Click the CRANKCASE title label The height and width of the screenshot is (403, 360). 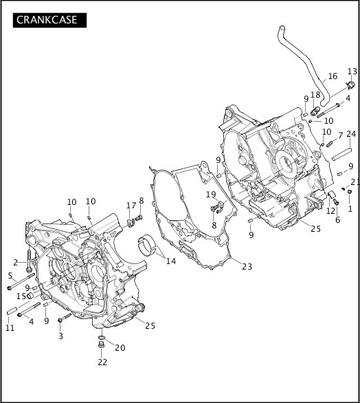pyautogui.click(x=47, y=20)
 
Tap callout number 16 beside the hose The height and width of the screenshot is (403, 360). pyautogui.click(x=333, y=76)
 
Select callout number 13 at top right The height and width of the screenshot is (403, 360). pyautogui.click(x=352, y=72)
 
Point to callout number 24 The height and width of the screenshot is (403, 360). pyautogui.click(x=351, y=134)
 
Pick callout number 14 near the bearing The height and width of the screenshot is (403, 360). pyautogui.click(x=171, y=262)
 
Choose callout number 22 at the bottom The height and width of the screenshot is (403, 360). pyautogui.click(x=102, y=362)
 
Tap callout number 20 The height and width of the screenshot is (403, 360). pyautogui.click(x=120, y=348)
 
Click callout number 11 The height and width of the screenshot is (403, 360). pyautogui.click(x=10, y=328)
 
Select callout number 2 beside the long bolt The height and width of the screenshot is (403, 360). pyautogui.click(x=15, y=262)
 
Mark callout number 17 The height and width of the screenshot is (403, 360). pyautogui.click(x=131, y=206)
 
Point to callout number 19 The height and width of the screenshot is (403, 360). pyautogui.click(x=212, y=195)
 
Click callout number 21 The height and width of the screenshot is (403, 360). pyautogui.click(x=355, y=182)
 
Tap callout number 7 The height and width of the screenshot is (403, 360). pyautogui.click(x=339, y=135)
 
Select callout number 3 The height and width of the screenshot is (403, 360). pyautogui.click(x=60, y=336)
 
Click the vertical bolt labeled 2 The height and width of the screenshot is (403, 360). pyautogui.click(x=28, y=263)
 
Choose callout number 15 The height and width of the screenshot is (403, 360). pyautogui.click(x=21, y=296)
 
